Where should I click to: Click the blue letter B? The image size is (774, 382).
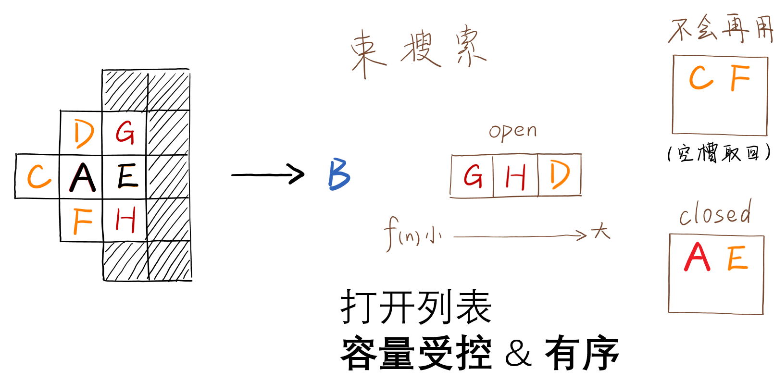point(339,174)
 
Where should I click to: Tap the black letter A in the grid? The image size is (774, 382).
point(83,177)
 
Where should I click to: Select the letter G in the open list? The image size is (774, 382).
point(473,175)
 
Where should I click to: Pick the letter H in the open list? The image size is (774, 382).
point(515,176)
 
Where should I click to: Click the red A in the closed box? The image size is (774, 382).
point(697,257)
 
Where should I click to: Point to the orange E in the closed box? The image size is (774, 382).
point(737,258)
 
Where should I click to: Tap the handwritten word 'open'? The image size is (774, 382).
point(512,131)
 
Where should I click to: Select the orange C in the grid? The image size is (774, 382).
point(38,176)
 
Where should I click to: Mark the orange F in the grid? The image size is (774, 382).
point(82,221)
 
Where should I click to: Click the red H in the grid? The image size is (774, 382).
point(125,220)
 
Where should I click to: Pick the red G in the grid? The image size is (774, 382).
point(125,132)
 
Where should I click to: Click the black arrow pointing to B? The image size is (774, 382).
point(267,174)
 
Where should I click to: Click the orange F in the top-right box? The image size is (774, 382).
point(740,77)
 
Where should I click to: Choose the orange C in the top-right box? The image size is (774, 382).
point(701,77)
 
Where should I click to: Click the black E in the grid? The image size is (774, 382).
point(127,176)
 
